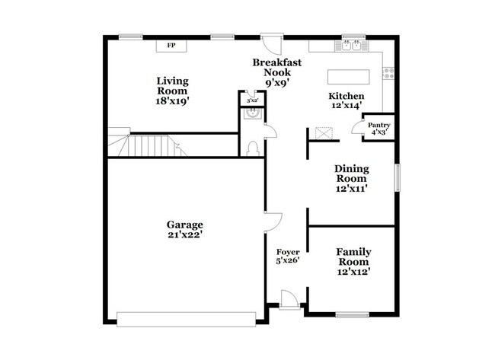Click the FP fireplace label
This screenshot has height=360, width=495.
coord(171,46)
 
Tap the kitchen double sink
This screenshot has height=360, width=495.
coord(351,46)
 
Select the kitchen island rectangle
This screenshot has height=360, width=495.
coord(349,77)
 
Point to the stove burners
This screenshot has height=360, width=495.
coord(388,74)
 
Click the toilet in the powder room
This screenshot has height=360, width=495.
coord(252,148)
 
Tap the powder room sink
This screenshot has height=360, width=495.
coord(252,113)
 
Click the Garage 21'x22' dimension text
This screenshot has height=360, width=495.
coord(185,235)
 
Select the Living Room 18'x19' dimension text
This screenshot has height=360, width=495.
coord(172,101)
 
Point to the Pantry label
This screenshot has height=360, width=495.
coord(379,126)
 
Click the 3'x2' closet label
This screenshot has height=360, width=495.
coord(253,101)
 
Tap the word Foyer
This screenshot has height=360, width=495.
coord(288,252)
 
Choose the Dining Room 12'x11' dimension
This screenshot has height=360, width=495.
coord(351,189)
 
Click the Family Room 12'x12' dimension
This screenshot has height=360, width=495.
coord(353,272)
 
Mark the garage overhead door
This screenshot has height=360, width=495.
coord(187,320)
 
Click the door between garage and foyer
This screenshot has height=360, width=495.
coord(273,222)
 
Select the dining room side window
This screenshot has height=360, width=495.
coord(398,177)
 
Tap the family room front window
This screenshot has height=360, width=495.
coord(352,314)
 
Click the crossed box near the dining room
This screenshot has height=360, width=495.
coord(324,133)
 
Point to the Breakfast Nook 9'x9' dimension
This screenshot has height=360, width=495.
coord(277,83)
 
